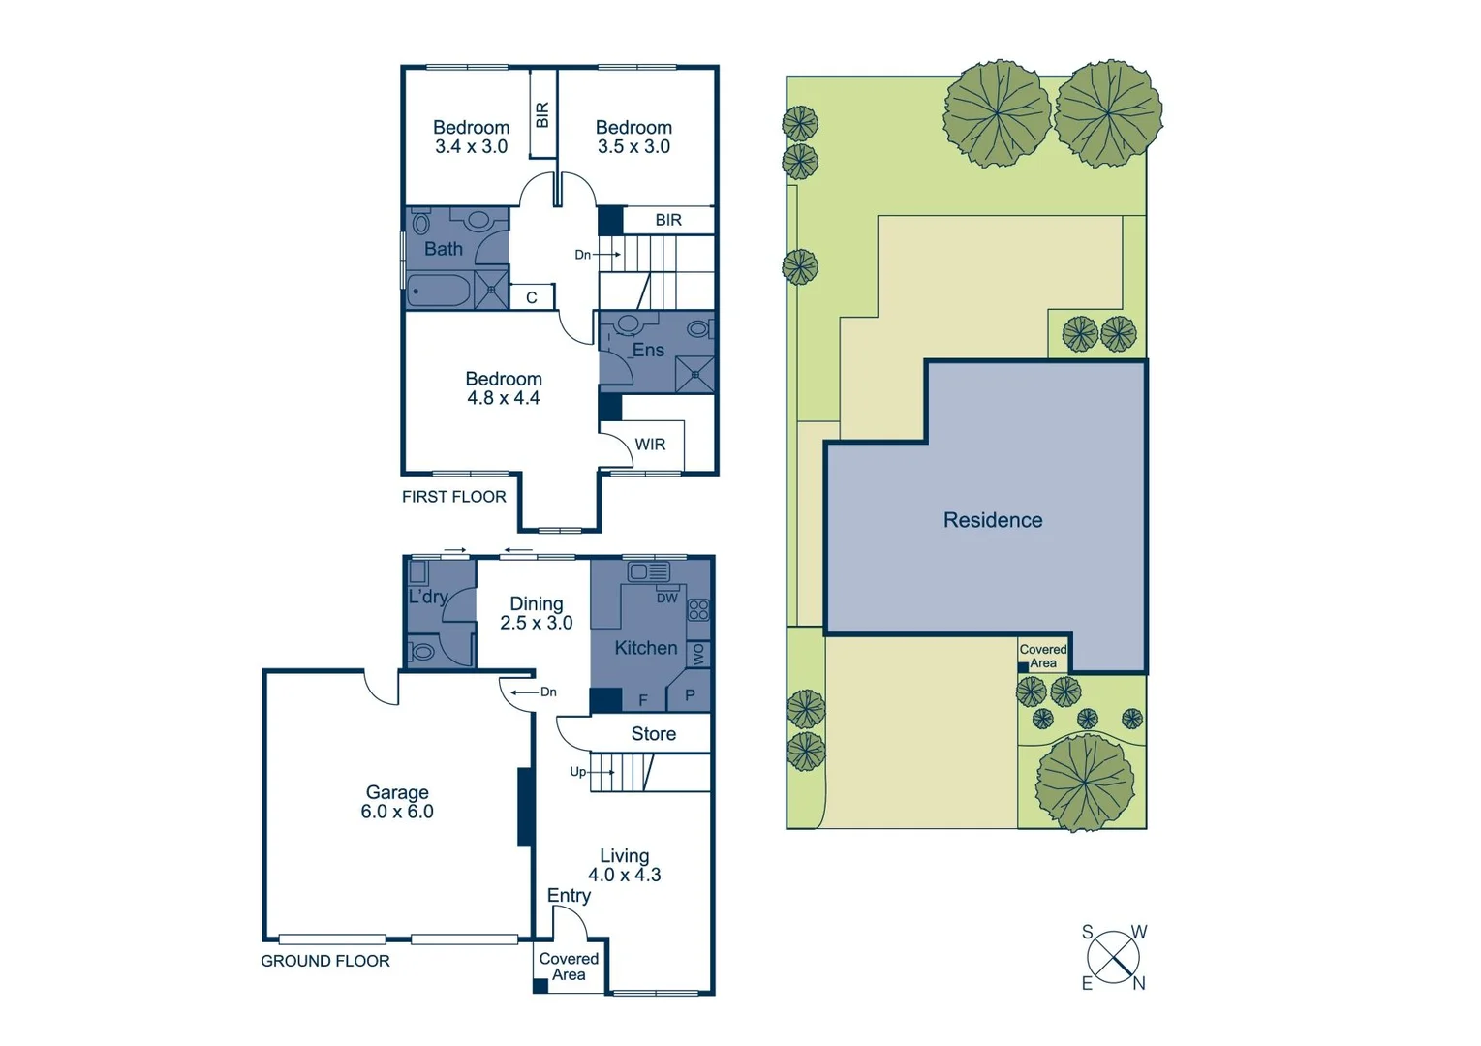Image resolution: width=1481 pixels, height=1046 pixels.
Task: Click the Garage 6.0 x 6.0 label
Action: click(396, 802)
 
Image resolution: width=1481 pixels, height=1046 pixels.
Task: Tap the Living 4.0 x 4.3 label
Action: click(624, 865)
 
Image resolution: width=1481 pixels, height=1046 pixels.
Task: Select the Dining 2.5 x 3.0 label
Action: click(536, 613)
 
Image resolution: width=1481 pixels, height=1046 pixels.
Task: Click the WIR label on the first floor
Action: click(650, 445)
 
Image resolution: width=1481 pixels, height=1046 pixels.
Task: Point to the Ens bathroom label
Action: click(648, 350)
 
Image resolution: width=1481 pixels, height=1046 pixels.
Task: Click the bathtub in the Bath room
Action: click(438, 290)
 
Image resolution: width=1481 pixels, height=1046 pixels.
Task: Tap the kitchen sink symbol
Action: click(648, 571)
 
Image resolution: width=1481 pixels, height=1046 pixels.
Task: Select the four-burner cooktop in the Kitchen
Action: click(698, 610)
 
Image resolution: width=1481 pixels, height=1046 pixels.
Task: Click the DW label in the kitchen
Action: click(667, 598)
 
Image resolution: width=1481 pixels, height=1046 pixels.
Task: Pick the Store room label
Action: click(653, 734)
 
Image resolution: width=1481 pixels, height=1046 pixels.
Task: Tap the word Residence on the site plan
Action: click(993, 520)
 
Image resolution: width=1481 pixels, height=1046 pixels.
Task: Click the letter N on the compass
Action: click(1139, 983)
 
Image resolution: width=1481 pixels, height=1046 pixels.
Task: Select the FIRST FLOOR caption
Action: click(453, 497)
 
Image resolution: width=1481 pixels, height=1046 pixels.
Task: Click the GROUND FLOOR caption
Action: click(324, 961)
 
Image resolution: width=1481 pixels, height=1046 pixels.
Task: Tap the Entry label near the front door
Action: click(569, 896)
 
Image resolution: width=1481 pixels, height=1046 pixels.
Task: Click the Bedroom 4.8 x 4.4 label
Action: click(503, 388)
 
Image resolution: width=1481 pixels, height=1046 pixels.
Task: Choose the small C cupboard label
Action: click(531, 298)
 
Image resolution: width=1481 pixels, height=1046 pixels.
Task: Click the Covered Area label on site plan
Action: click(1043, 657)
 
